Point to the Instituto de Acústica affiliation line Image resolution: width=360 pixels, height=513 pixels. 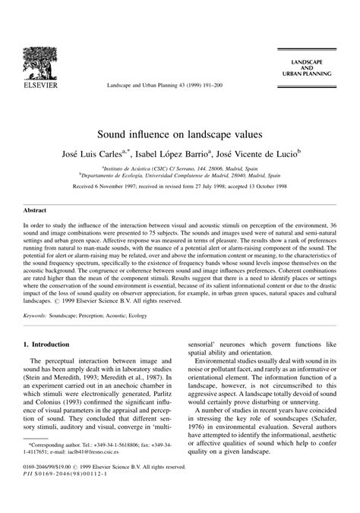tap(181, 150)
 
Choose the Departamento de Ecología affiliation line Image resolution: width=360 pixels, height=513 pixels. tap(181, 158)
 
